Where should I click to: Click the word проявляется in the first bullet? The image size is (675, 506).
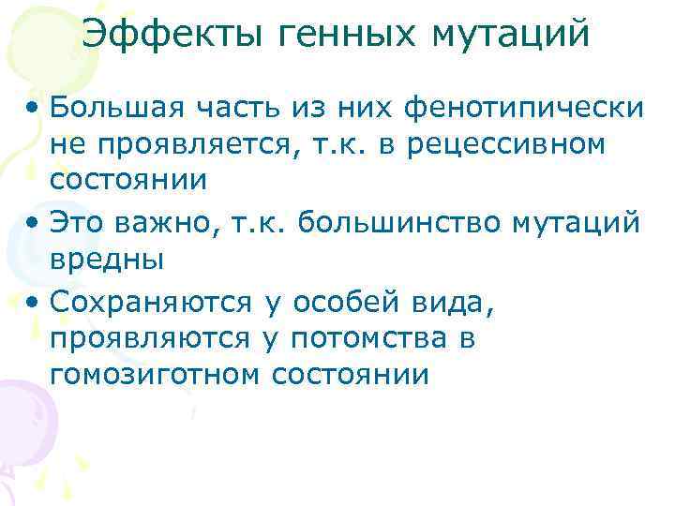[x=191, y=145]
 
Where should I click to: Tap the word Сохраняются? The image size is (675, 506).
[x=150, y=303]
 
